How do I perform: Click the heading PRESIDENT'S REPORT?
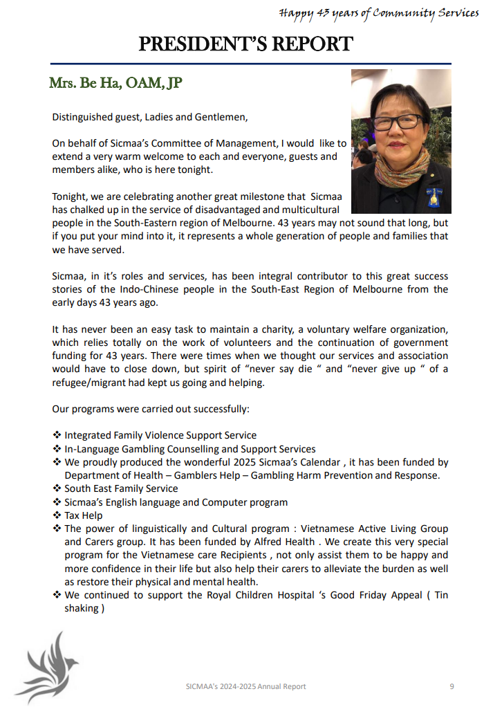pos(246,44)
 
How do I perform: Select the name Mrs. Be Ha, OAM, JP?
pos(115,84)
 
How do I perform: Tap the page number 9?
pos(452,686)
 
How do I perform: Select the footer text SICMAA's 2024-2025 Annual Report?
pos(246,686)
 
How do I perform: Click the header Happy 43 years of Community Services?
pos(379,12)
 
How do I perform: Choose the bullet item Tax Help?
pos(83,515)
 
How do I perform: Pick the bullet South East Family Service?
pos(121,488)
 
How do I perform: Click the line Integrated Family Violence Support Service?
pos(160,435)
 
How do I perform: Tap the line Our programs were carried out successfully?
pos(151,409)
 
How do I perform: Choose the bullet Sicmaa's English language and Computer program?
pos(176,502)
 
